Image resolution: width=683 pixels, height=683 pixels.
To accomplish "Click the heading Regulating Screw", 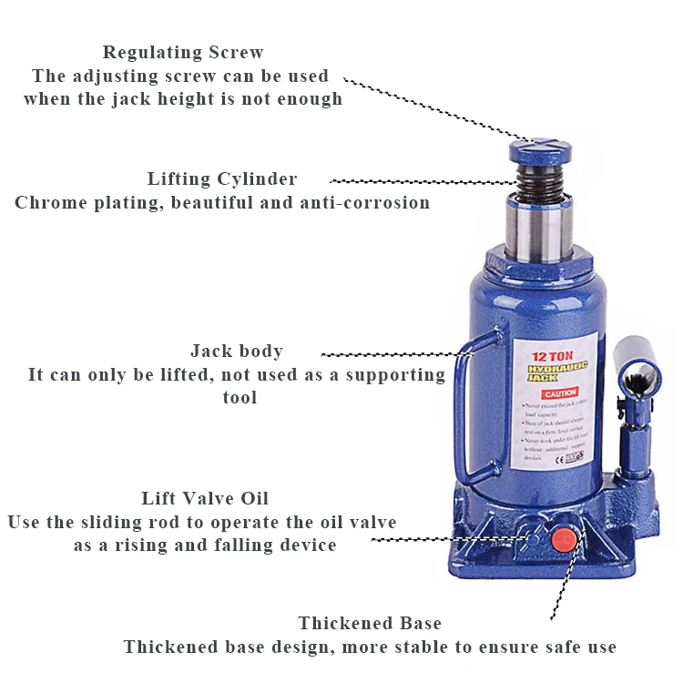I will pyautogui.click(x=183, y=52).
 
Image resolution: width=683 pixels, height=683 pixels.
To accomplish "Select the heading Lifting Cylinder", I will pyautogui.click(x=222, y=178).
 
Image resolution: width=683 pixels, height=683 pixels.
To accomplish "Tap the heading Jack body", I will pyautogui.click(x=237, y=351).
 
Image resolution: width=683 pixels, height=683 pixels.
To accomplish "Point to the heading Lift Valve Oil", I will pyautogui.click(x=205, y=498).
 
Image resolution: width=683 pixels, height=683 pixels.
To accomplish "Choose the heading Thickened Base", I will pyautogui.click(x=370, y=623).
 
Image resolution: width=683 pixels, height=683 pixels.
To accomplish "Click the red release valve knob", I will pyautogui.click(x=563, y=537).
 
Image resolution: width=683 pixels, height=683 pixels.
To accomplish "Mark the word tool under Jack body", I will pyautogui.click(x=240, y=397).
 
